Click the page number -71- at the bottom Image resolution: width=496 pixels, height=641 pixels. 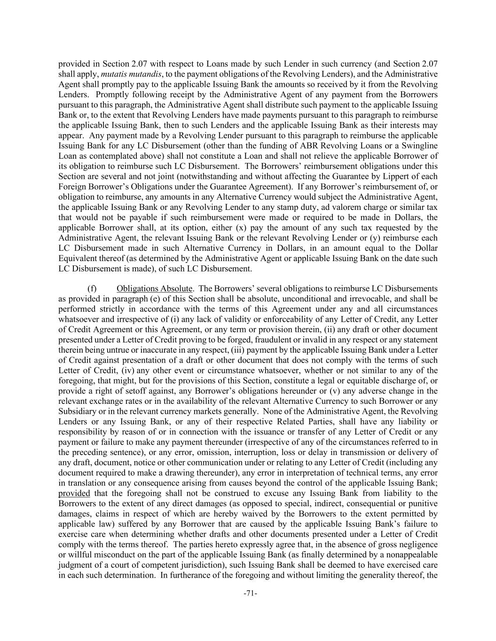click(x=250, y=594)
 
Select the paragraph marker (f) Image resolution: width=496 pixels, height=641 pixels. click(x=93, y=288)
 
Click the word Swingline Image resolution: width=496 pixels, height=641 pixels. click(x=420, y=146)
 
